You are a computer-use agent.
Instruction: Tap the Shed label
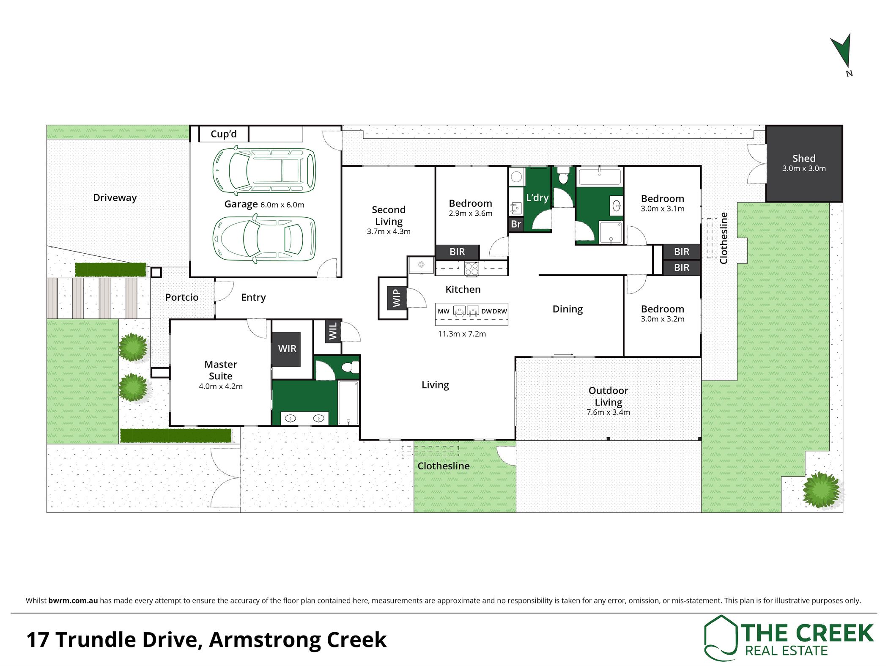tap(804, 159)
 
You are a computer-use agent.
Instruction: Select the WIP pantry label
tap(396, 297)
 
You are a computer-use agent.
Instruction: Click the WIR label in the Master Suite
tap(287, 349)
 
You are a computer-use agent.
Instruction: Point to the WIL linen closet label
tap(333, 331)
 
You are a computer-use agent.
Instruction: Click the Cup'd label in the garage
tap(224, 134)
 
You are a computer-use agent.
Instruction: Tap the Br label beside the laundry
tap(516, 224)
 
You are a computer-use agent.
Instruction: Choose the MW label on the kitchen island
tap(444, 311)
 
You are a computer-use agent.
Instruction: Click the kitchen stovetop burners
tap(471, 269)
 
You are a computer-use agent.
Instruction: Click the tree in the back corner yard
tap(821, 490)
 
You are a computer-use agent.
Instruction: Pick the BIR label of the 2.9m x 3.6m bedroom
tap(457, 252)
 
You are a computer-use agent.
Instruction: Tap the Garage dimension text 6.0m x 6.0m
tap(282, 205)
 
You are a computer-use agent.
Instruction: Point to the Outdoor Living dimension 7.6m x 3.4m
tap(608, 412)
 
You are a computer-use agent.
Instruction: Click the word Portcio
tap(182, 297)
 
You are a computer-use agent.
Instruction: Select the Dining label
tap(567, 310)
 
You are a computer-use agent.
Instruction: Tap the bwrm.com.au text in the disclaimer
tap(73, 600)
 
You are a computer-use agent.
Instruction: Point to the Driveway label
tap(115, 198)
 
